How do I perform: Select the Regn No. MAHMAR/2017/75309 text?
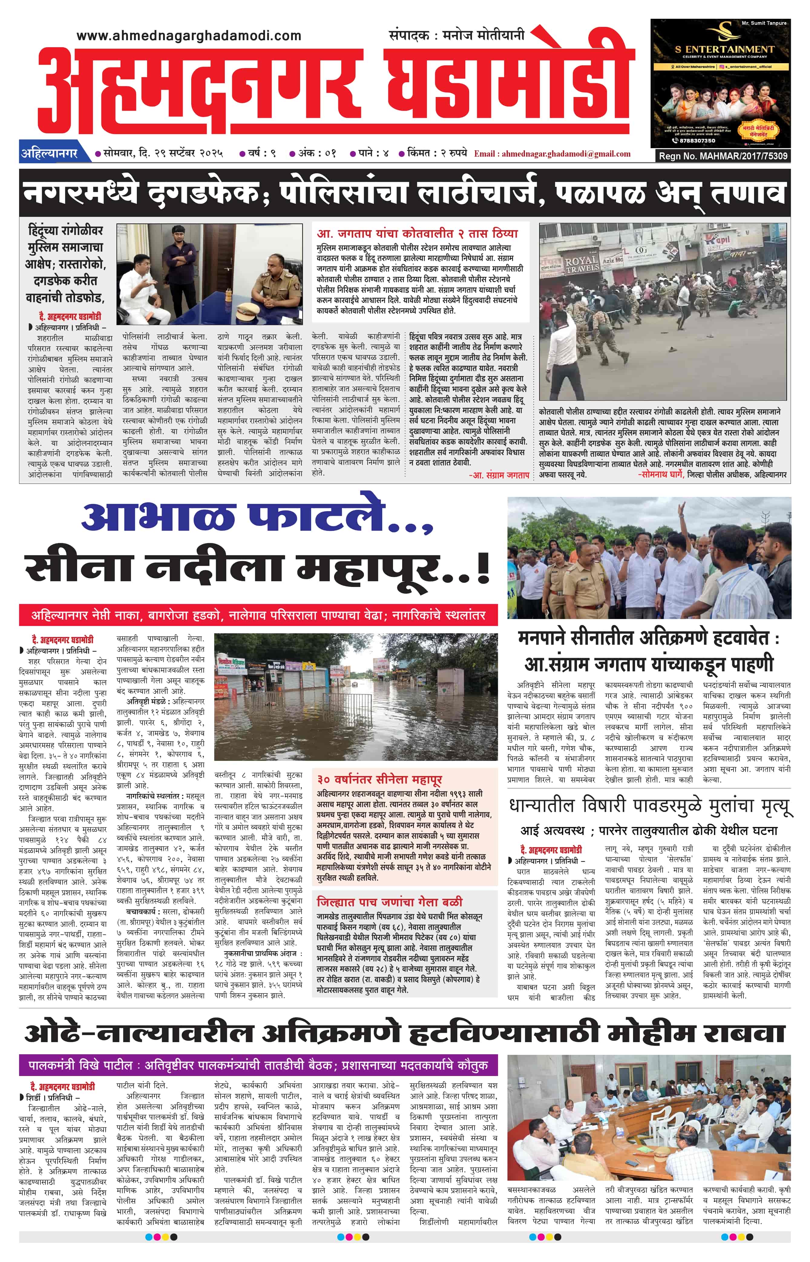[x=723, y=156]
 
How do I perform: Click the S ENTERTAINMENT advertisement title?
[x=724, y=49]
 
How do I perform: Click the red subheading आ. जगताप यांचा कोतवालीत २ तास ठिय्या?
[x=417, y=233]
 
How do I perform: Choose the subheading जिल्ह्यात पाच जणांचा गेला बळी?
[x=389, y=902]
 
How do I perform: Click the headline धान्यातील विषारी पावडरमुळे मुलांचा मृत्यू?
[x=649, y=806]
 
